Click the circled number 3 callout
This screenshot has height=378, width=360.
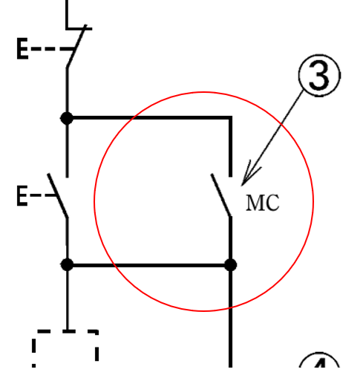[x=318, y=77]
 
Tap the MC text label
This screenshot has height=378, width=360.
[x=263, y=203]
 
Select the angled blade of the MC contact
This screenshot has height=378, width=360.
[x=221, y=195]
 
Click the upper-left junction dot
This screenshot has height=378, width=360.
[x=67, y=117]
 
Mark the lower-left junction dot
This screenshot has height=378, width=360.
[x=67, y=264]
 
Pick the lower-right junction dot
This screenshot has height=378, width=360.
[x=230, y=264]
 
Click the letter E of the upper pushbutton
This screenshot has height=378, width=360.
[x=22, y=50]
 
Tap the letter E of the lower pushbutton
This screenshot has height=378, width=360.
[x=22, y=197]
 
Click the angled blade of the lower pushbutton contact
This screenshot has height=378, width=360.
[x=58, y=195]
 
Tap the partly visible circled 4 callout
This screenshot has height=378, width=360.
[x=319, y=367]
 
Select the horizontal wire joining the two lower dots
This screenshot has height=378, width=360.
[x=148, y=264]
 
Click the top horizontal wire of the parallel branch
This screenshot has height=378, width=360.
[x=148, y=117]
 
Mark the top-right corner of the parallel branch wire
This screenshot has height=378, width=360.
[x=230, y=117]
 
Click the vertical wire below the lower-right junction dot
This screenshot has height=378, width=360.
[x=230, y=319]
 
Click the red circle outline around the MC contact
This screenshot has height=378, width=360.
[x=94, y=201]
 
